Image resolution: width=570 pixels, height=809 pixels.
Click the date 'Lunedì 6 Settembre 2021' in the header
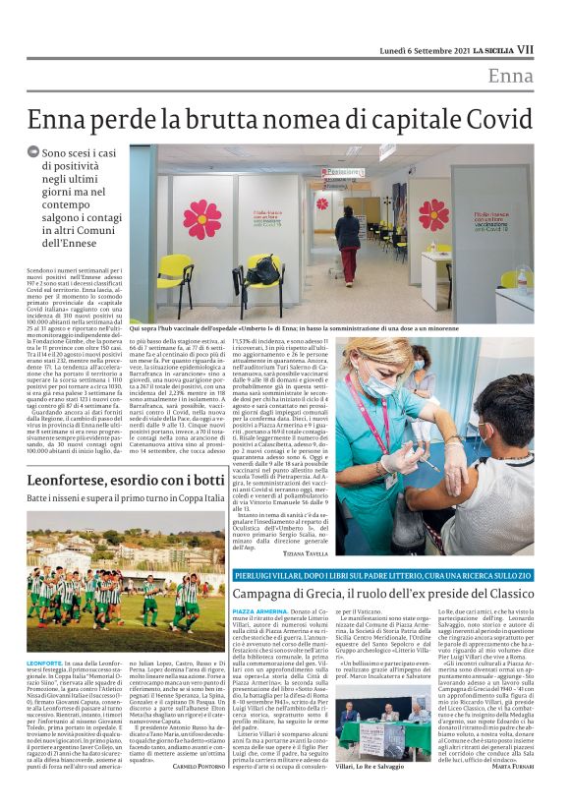point(421,49)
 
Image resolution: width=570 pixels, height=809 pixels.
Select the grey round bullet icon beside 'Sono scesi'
point(33,153)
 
